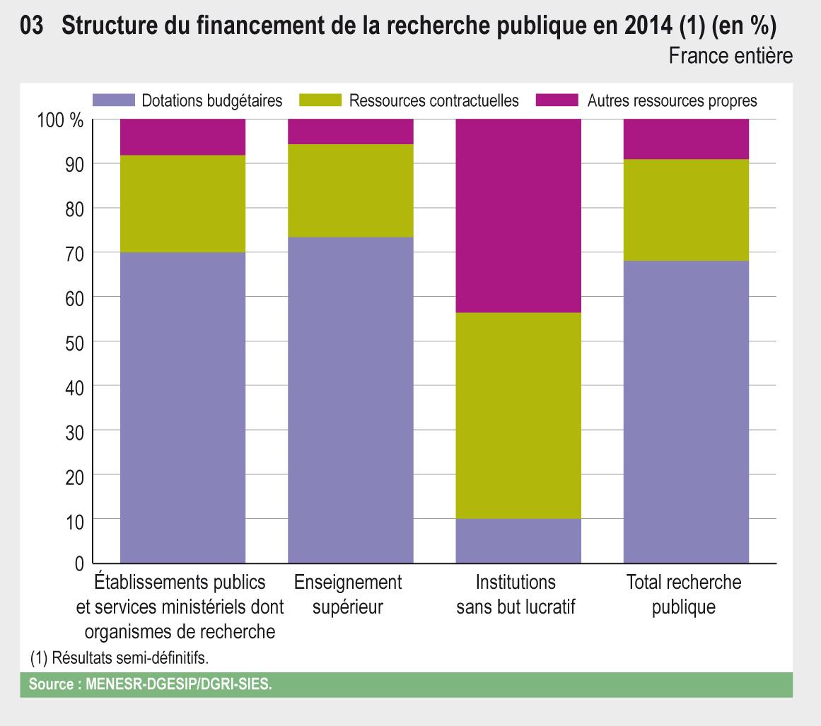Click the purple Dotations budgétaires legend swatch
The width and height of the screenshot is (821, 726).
pos(113,100)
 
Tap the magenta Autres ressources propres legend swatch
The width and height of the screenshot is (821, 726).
pos(558,100)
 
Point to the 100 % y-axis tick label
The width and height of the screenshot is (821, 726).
pos(60,120)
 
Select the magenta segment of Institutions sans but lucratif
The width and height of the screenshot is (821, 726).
pos(518,216)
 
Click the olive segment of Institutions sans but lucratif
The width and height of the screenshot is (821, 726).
pos(518,416)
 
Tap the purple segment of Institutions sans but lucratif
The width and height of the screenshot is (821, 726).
pos(518,541)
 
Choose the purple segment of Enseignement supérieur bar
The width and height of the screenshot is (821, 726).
pos(350,400)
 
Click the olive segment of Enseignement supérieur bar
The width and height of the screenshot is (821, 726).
pos(350,190)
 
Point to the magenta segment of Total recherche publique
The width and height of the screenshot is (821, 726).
pos(685,139)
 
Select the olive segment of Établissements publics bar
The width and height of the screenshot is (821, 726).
pos(182,204)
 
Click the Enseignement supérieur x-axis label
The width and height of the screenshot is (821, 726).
pos(348,595)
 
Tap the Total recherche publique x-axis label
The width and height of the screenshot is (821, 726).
pos(684,595)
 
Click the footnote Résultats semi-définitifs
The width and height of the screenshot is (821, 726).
pos(120,657)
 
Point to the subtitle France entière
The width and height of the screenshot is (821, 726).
pos(730,56)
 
